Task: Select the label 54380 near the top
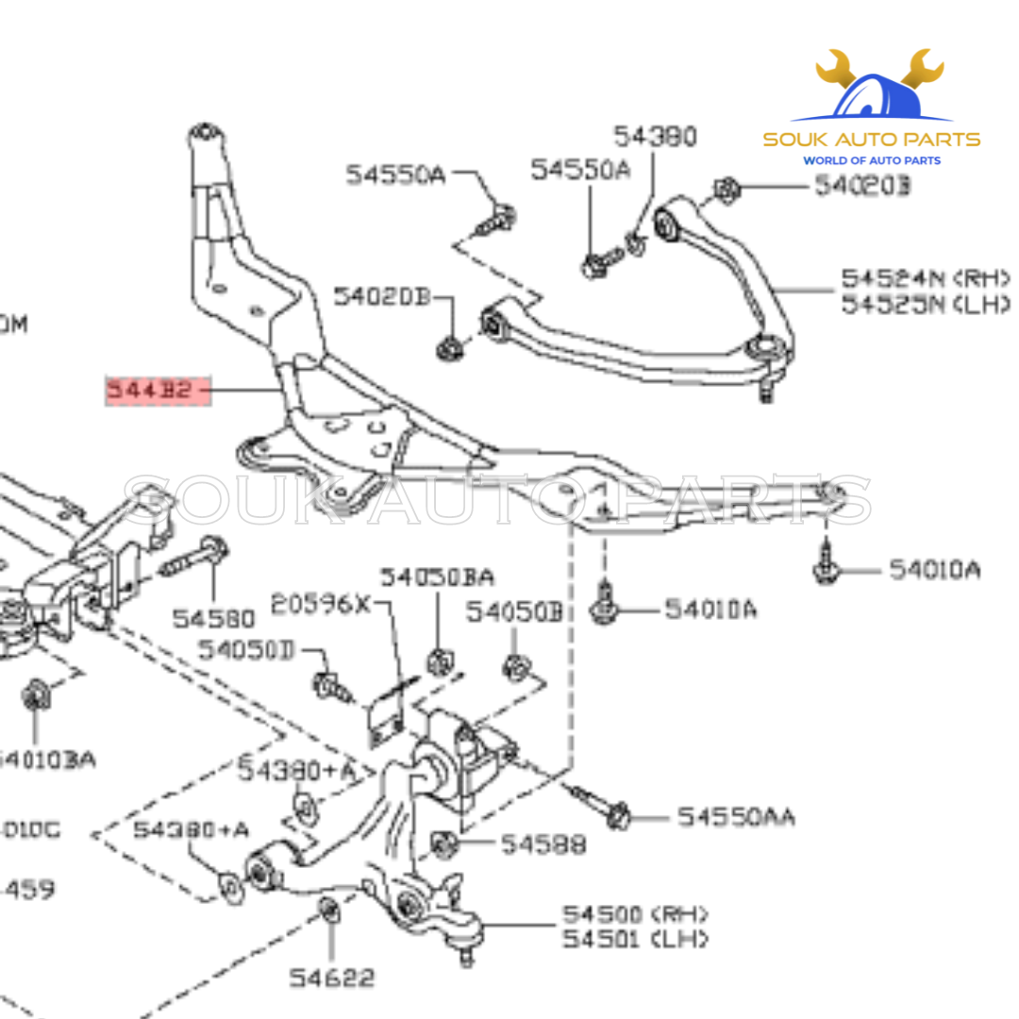point(655,137)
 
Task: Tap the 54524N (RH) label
point(925,278)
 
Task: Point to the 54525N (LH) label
point(925,305)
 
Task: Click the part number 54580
point(213,618)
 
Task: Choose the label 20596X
point(322,603)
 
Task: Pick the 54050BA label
point(437,576)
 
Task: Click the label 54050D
point(246,650)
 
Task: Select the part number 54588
point(543,844)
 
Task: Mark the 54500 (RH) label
point(635,914)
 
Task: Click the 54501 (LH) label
point(633,940)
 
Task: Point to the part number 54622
point(331,977)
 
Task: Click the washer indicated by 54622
point(329,911)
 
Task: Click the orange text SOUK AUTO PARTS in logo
point(871,140)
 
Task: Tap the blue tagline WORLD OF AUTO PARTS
point(871,160)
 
